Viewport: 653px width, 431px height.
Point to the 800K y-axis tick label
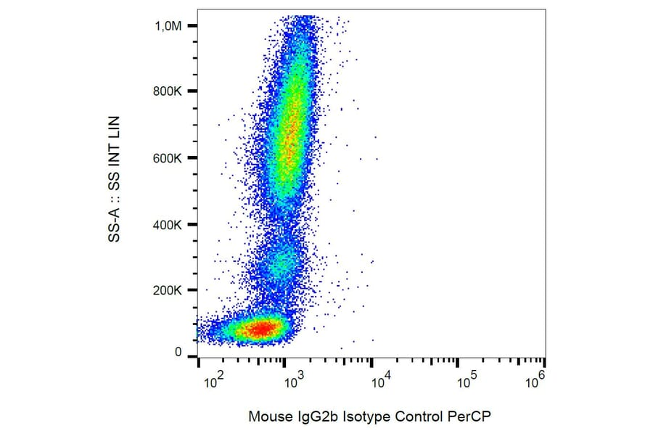(171, 92)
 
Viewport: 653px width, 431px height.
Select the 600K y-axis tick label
(171, 158)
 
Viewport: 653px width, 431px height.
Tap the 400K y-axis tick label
(171, 225)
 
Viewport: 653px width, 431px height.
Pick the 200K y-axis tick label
(171, 291)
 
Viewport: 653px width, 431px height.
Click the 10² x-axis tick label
(213, 379)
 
